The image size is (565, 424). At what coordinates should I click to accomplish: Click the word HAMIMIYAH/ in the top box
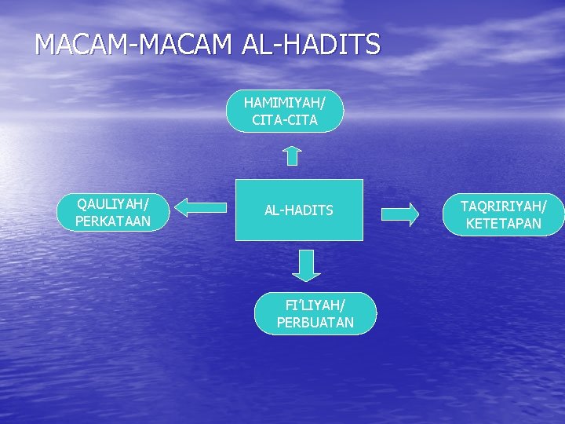pyautogui.click(x=285, y=103)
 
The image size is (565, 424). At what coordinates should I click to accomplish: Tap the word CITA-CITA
pyautogui.click(x=285, y=120)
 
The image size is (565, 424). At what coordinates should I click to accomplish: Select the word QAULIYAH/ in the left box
pyautogui.click(x=112, y=203)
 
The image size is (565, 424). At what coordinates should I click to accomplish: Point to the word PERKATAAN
pyautogui.click(x=112, y=221)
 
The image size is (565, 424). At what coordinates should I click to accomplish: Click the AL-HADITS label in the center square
pyautogui.click(x=299, y=210)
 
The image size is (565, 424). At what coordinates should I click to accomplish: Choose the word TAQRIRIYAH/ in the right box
pyautogui.click(x=503, y=207)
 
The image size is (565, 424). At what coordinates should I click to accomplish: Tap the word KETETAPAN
pyautogui.click(x=503, y=224)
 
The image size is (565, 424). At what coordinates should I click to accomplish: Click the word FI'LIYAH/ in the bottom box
pyautogui.click(x=315, y=305)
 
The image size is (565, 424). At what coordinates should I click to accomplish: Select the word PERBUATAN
pyautogui.click(x=315, y=322)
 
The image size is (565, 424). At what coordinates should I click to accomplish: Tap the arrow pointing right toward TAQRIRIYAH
pyautogui.click(x=400, y=214)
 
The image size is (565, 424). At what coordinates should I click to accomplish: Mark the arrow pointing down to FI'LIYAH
pyautogui.click(x=306, y=265)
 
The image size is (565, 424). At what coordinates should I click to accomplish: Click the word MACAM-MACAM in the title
pyautogui.click(x=133, y=44)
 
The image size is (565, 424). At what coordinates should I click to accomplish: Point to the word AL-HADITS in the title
pyautogui.click(x=311, y=44)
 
